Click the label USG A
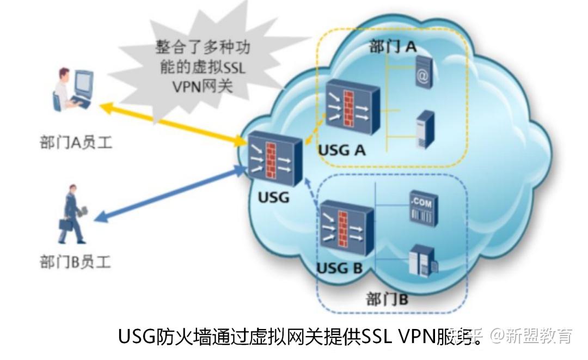(x=341, y=150)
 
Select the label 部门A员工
(x=75, y=143)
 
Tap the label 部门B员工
(x=75, y=261)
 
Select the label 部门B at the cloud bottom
(x=387, y=299)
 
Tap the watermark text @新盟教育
(x=530, y=335)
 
